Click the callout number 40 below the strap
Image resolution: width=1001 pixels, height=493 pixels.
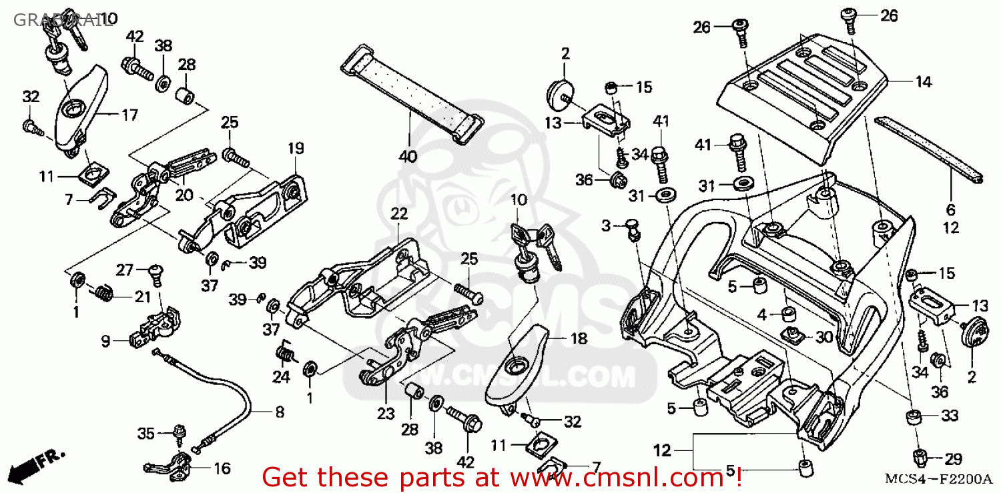(x=408, y=157)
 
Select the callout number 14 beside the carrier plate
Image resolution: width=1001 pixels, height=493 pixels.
(x=923, y=82)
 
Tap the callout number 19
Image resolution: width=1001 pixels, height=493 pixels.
(x=296, y=148)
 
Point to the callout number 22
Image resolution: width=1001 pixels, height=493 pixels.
(x=398, y=213)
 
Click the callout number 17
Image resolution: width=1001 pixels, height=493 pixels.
(x=129, y=115)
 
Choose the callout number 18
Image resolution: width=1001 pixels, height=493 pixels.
(x=578, y=338)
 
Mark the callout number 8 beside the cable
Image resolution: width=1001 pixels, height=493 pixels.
(x=279, y=412)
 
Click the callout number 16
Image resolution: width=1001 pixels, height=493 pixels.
(x=222, y=468)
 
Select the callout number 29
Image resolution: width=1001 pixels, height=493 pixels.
(x=954, y=459)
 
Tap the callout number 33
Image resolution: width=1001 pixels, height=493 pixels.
(x=949, y=416)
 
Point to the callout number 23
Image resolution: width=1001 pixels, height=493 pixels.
(x=386, y=414)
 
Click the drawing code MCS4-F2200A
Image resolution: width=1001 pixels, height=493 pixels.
(x=938, y=479)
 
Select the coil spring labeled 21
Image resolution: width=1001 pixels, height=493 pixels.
(x=102, y=292)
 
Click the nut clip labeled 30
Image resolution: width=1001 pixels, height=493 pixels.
(x=792, y=335)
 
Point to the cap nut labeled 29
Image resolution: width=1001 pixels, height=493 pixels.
(x=919, y=458)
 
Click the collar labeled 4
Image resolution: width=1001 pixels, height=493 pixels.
(x=788, y=314)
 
